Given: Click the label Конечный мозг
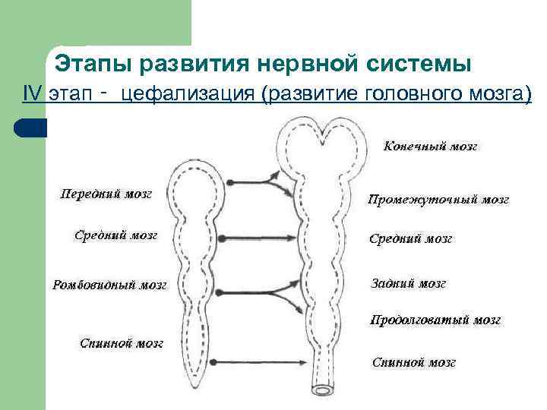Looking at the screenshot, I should [x=430, y=147].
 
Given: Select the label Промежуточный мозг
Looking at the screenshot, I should [x=438, y=200].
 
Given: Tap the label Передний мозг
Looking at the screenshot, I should [x=106, y=194].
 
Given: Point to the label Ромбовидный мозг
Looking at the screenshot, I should [x=109, y=286].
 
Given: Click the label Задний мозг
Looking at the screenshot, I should [x=408, y=284].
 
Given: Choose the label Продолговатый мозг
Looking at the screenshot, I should [x=435, y=320].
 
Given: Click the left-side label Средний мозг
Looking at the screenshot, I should [x=115, y=235].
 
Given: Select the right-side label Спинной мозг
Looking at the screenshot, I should [x=413, y=363].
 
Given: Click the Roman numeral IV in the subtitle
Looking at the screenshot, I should [x=32, y=94].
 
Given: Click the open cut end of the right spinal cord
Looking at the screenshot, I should [x=326, y=389].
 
